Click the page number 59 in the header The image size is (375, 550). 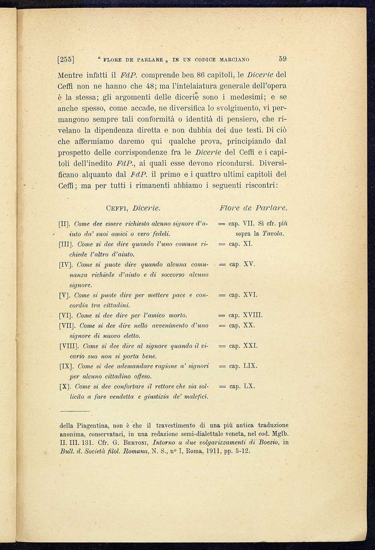click(283, 59)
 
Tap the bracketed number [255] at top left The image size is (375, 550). click(66, 59)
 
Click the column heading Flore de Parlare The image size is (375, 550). click(253, 208)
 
